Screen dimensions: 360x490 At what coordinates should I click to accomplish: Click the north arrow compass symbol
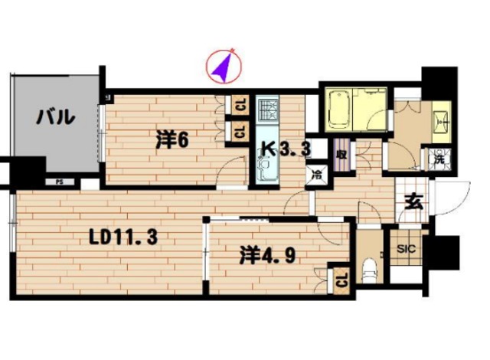coord(223,67)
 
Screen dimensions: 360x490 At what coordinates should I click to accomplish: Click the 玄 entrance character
coord(413,203)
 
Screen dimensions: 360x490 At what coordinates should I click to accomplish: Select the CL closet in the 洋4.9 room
coord(341,280)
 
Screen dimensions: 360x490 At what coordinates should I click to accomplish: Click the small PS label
coord(59,182)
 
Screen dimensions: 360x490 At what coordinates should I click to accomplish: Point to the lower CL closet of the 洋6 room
coord(240,132)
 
